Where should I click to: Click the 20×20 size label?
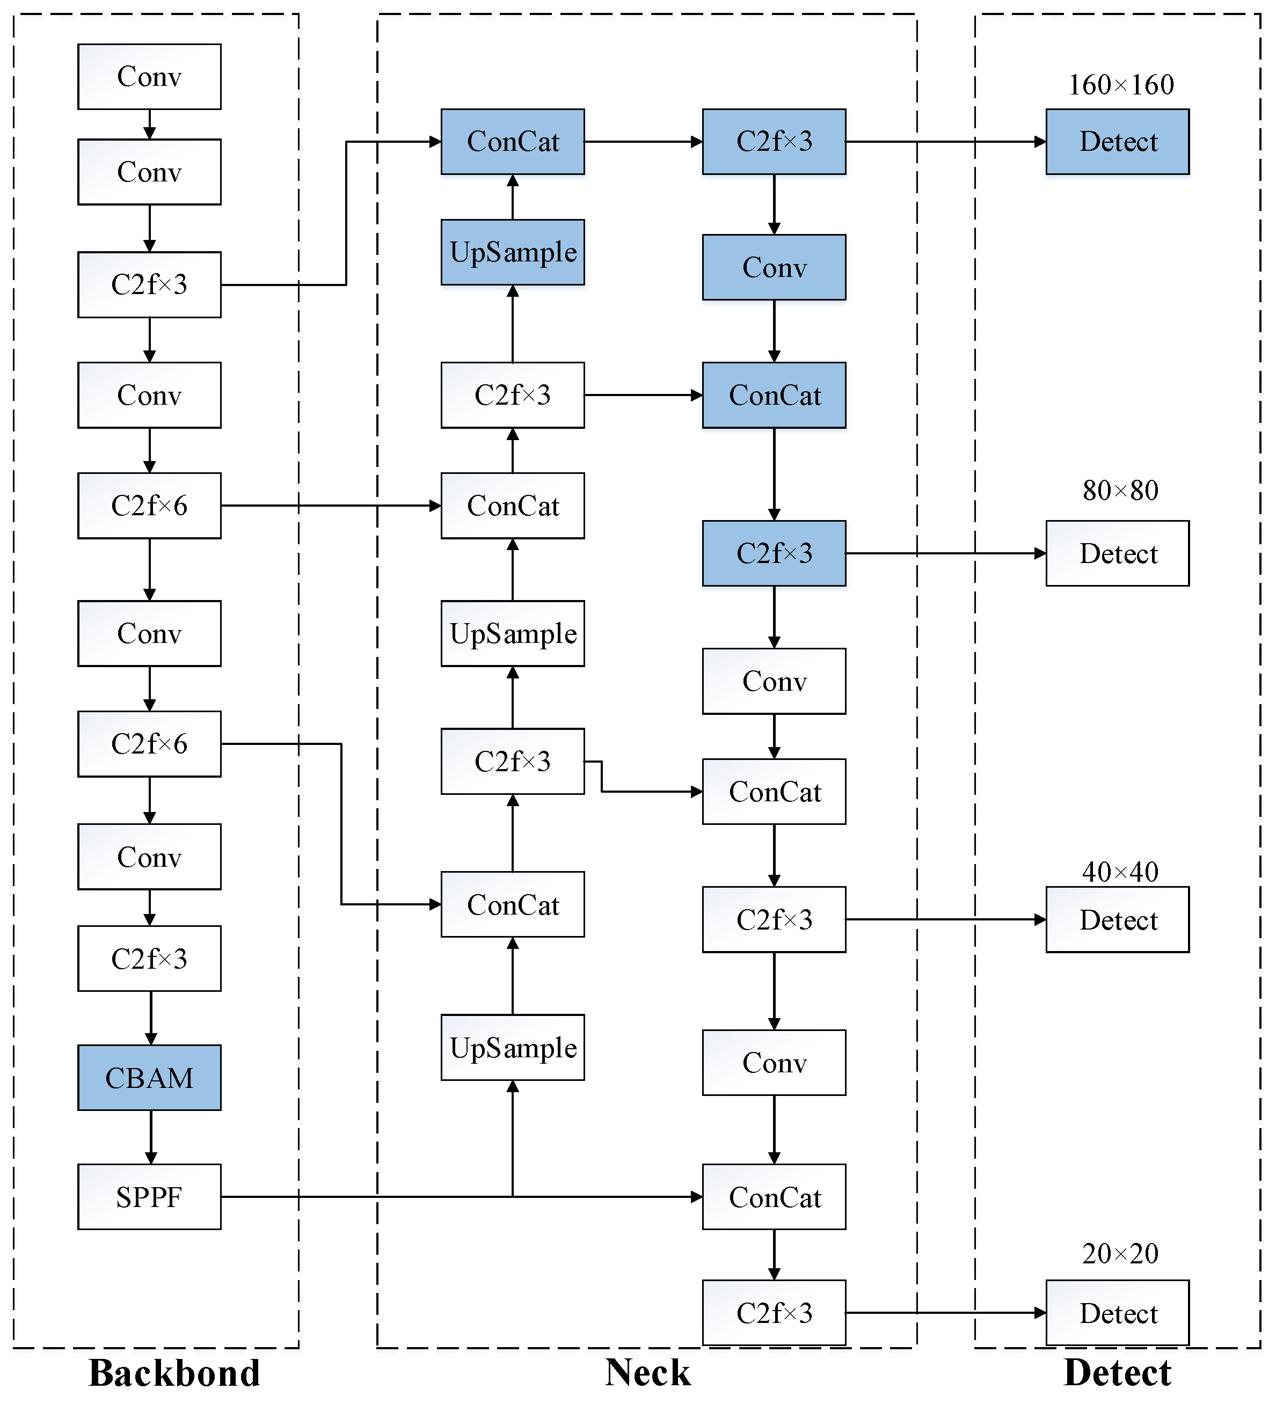pos(1120,1254)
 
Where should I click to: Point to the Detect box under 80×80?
pos(1117,554)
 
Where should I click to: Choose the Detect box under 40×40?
pos(1117,919)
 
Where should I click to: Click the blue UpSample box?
pos(513,252)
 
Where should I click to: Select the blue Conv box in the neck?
pos(774,267)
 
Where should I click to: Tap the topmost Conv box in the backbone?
pos(149,77)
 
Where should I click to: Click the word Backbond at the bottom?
pos(174,1373)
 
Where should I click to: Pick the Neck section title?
pos(648,1373)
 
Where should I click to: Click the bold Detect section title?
pos(1117,1373)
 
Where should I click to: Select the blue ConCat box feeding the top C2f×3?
pos(513,141)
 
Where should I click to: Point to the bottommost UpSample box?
pos(513,1048)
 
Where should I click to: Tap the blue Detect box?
pos(1117,141)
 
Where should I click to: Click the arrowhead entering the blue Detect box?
pos(1040,141)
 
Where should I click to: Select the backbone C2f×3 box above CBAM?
pos(149,959)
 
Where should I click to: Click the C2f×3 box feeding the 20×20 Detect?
pos(774,1313)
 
